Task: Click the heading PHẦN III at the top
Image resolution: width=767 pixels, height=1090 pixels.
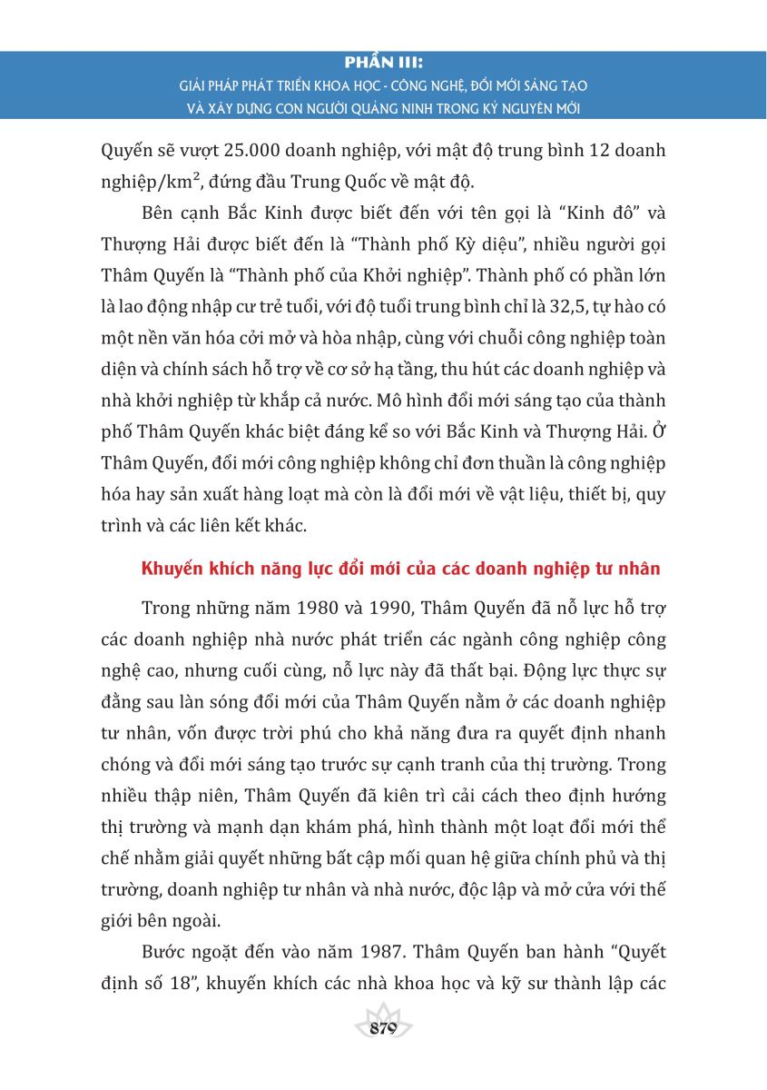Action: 384,65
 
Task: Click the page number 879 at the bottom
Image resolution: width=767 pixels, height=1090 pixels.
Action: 384,1028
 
